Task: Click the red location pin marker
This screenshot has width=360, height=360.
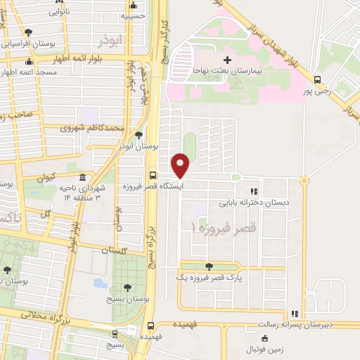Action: pyautogui.click(x=181, y=165)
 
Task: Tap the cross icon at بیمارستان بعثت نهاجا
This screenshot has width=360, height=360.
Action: pyautogui.click(x=227, y=60)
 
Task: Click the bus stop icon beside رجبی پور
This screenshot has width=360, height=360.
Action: pyautogui.click(x=317, y=79)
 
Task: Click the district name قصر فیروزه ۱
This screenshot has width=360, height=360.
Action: pyautogui.click(x=224, y=229)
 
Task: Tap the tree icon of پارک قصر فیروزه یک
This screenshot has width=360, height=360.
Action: pyautogui.click(x=209, y=266)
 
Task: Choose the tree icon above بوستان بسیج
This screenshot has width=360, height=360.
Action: pyautogui.click(x=127, y=287)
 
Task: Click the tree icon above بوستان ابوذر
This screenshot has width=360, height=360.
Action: pyautogui.click(x=139, y=134)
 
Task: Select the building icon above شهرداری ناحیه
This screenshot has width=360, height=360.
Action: pyautogui.click(x=83, y=176)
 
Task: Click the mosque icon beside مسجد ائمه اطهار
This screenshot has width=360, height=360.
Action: pyautogui.click(x=8, y=72)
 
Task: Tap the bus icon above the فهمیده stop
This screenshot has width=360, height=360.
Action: pyautogui.click(x=152, y=325)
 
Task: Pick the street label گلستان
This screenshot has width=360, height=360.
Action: pyautogui.click(x=113, y=250)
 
